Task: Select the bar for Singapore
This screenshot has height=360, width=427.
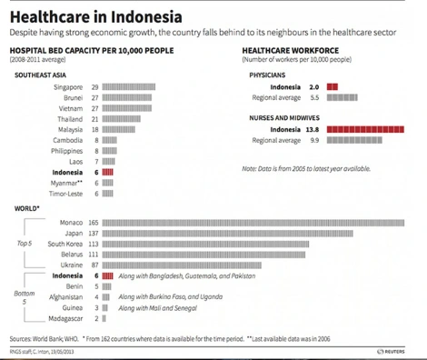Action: click(128, 86)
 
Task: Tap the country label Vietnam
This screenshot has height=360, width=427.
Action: click(69, 108)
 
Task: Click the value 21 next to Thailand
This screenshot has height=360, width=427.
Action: click(94, 119)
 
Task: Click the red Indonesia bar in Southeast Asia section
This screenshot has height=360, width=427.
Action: click(108, 172)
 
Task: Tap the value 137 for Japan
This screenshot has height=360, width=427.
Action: click(93, 234)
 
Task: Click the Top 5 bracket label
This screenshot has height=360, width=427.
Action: click(25, 244)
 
